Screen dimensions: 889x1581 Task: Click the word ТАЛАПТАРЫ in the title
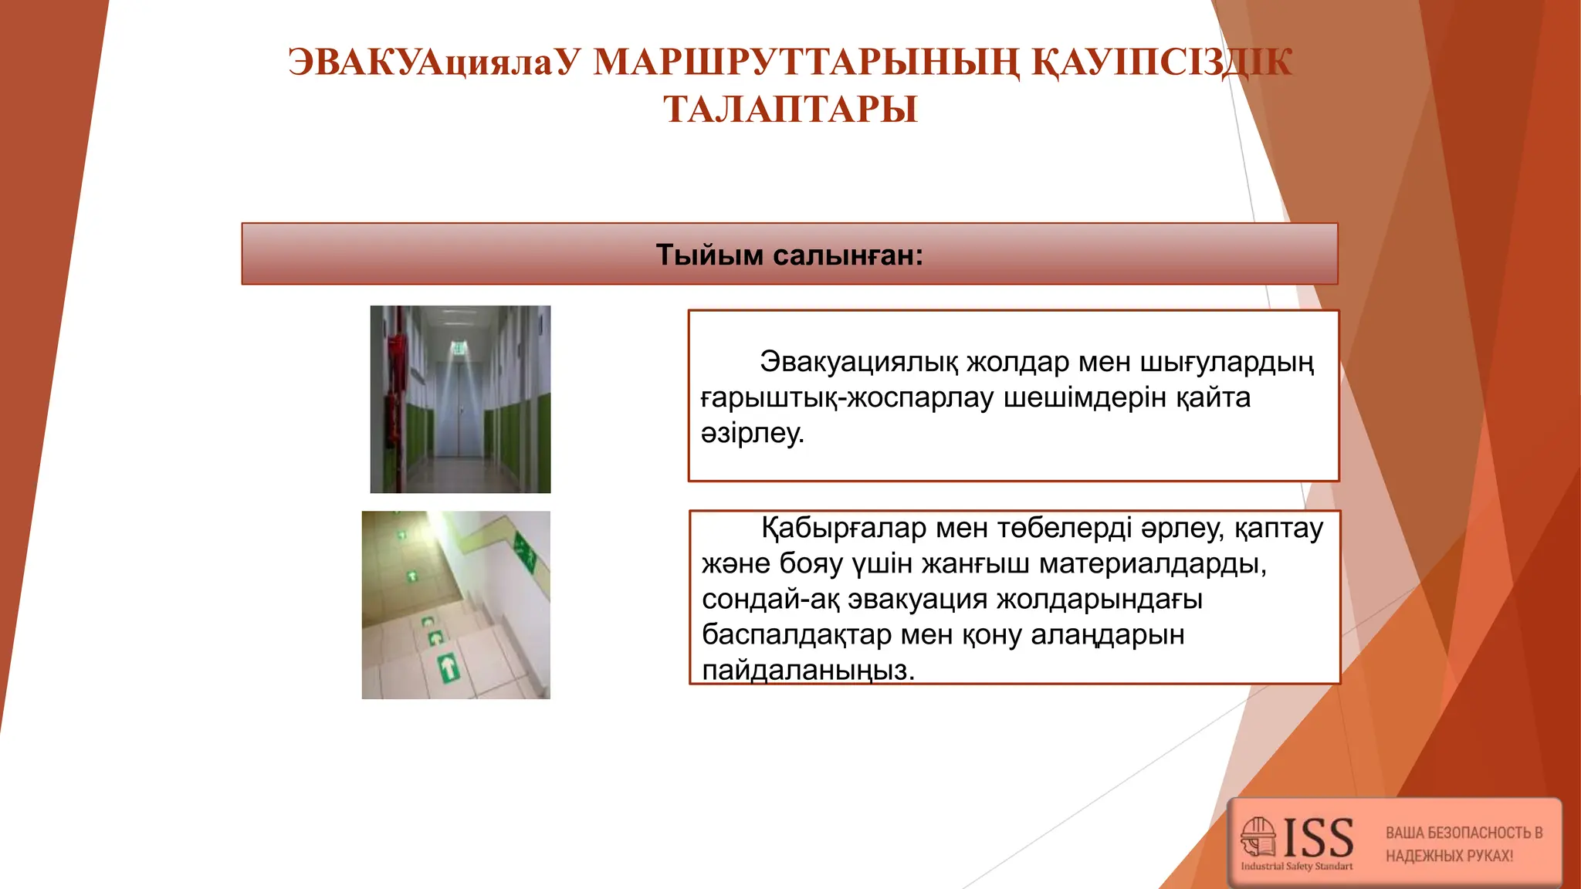790,109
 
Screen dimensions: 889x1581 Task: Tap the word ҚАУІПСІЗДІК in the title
1162,63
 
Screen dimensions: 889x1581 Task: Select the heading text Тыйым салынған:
789,255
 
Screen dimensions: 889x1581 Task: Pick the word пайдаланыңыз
807,670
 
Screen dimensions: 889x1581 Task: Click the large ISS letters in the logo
1318,838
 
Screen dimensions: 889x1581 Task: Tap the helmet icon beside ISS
1258,837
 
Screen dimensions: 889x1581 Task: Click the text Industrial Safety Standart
1296,867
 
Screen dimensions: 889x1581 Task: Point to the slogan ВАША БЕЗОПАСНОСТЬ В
1464,833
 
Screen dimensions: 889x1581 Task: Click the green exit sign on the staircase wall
526,553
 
